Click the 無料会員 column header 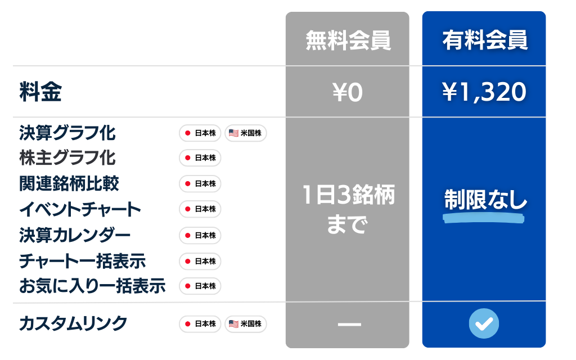pos(347,40)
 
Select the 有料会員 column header pos(484,40)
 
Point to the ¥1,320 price pos(484,92)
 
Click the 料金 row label pos(40,92)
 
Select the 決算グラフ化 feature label pos(67,133)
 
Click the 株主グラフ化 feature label pos(67,158)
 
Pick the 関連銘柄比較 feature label pos(69,183)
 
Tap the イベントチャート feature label pos(80,209)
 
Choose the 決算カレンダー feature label pos(74,235)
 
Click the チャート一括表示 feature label pos(82,261)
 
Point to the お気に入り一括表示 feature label pos(92,286)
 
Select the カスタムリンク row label pos(73,323)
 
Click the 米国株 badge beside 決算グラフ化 pos(246,133)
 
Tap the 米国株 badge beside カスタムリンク pos(246,323)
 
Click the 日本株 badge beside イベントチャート pos(200,209)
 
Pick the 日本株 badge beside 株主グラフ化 pos(200,158)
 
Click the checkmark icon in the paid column pos(484,323)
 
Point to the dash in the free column pos(347,324)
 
